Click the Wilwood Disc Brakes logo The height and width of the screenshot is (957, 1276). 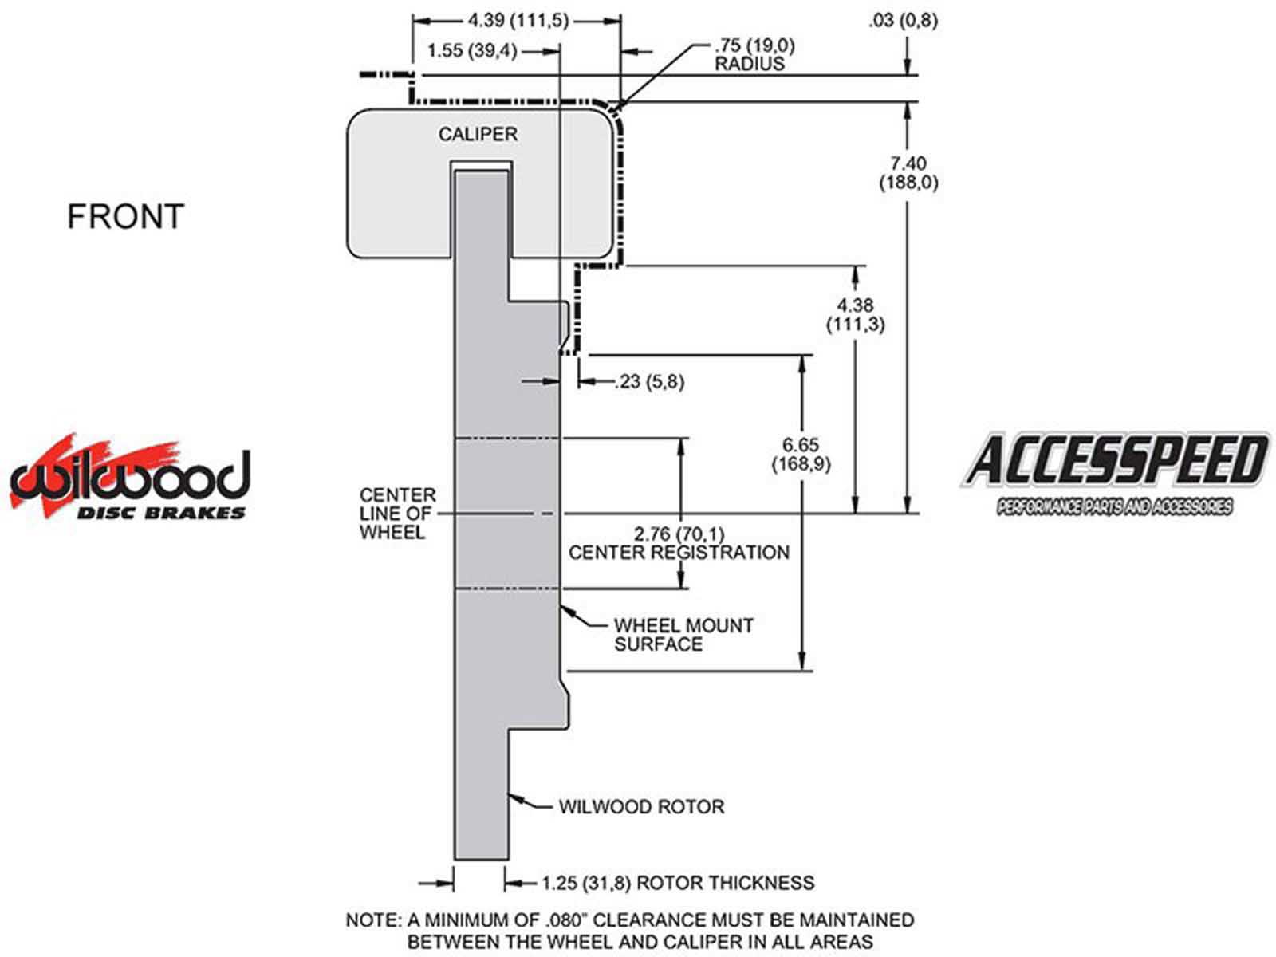click(129, 479)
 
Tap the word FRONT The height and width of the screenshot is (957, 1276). click(125, 217)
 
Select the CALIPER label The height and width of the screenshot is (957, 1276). click(478, 134)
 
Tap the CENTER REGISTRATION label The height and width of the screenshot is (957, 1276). click(679, 553)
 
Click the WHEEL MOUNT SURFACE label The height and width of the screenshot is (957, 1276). click(683, 635)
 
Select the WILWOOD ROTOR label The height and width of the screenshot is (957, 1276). click(641, 806)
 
